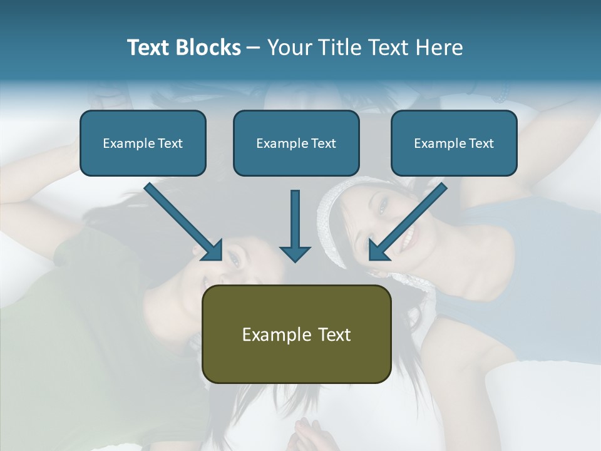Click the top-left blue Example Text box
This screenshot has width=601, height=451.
pos(143,143)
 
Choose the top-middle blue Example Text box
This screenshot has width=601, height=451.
pos(296,143)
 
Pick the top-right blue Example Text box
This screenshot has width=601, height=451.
pos(454,143)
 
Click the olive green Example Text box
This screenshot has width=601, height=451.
pos(297,334)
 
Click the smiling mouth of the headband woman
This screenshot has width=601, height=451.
pos(408,236)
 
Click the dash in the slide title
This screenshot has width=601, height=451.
pos(254,48)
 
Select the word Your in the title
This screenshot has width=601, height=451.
pos(291,48)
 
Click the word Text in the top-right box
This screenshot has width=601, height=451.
pos(481,143)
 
